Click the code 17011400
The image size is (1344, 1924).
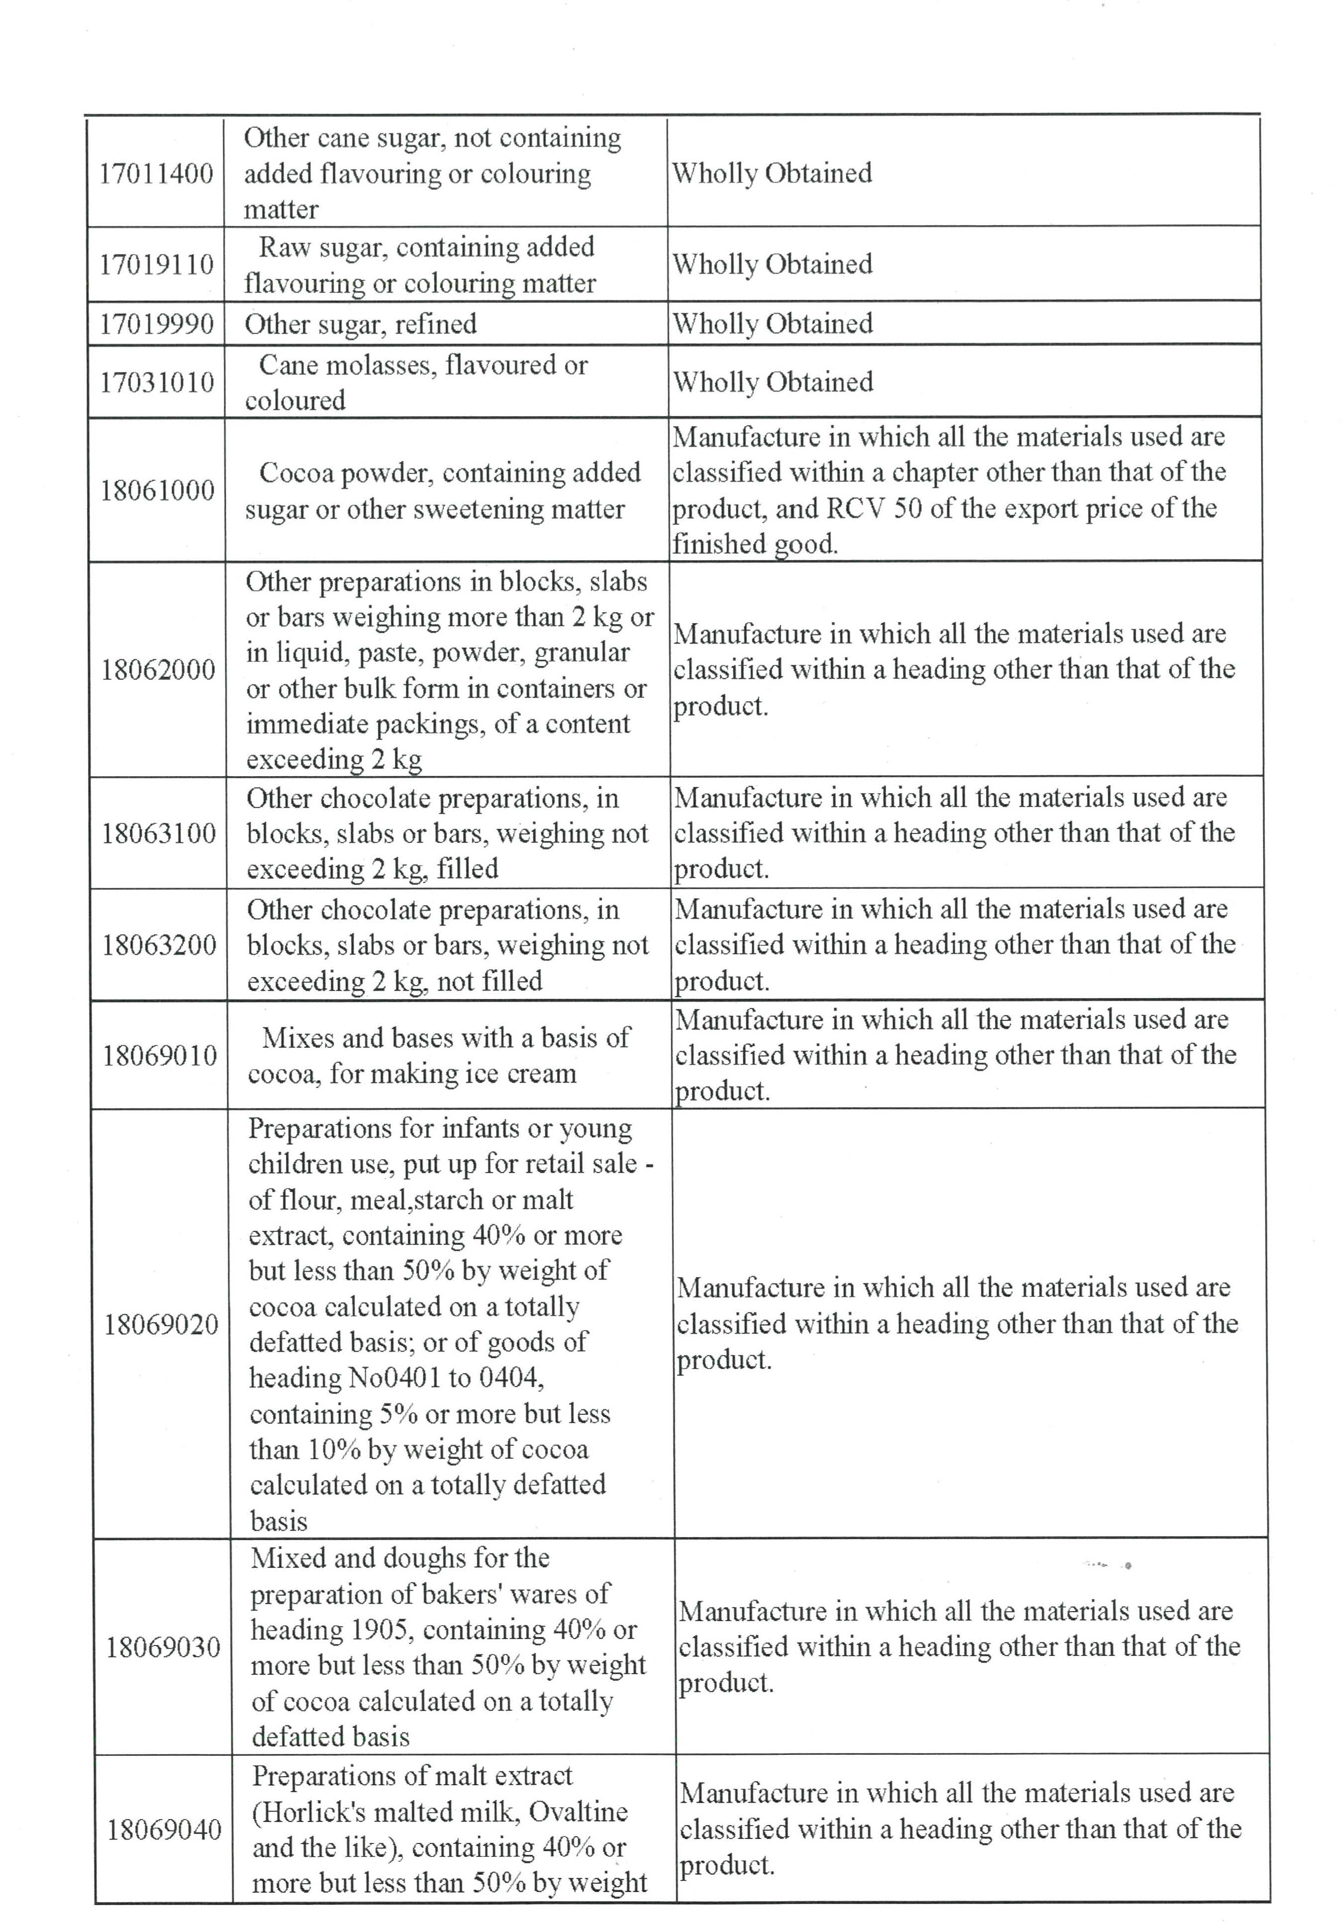coord(156,174)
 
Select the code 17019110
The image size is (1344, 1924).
coord(157,265)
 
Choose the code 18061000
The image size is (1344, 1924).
coord(158,490)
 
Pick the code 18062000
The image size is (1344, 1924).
coord(158,669)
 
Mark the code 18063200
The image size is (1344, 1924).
coord(159,945)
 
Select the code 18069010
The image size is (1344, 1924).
coord(160,1055)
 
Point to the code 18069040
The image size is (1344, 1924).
coord(164,1829)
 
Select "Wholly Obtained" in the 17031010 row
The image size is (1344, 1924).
coord(773,382)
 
